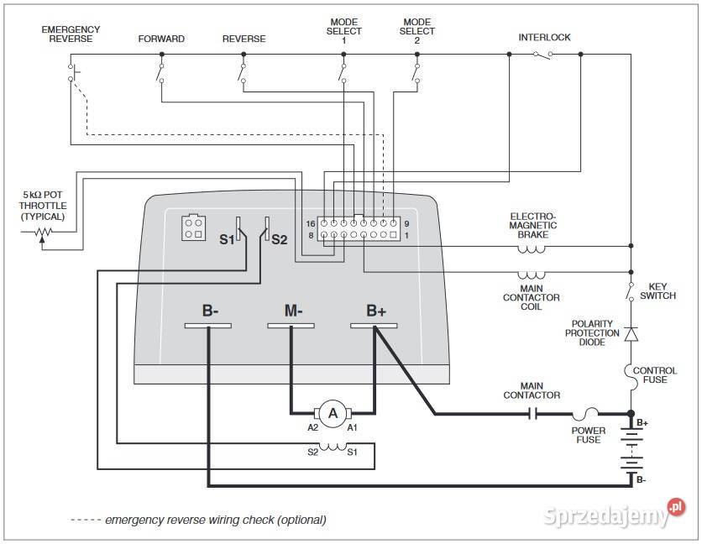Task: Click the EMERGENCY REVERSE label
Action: [71, 34]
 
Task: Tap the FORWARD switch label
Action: [161, 39]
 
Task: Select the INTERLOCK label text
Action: [544, 38]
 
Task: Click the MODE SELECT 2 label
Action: [417, 31]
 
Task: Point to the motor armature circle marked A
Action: [333, 412]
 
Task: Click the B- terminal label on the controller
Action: [210, 311]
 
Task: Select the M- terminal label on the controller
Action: [292, 311]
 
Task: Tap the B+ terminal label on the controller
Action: [376, 311]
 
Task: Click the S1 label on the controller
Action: [227, 239]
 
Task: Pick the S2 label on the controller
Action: [280, 239]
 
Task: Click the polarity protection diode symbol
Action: [632, 333]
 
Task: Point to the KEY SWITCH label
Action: [657, 291]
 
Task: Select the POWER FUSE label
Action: [589, 435]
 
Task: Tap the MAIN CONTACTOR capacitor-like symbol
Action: [532, 413]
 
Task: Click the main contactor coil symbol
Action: [531, 275]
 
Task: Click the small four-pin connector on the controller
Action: [191, 228]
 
